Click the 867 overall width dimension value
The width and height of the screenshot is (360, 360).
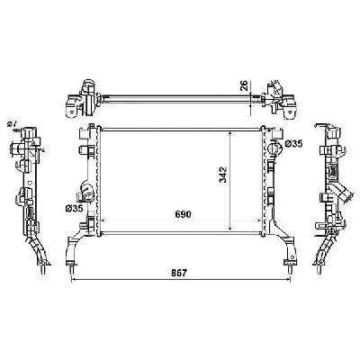tap(180, 273)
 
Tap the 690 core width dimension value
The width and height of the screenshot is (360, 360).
tap(184, 214)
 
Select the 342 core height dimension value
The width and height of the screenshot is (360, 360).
tap(223, 175)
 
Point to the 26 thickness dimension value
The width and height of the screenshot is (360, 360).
tap(244, 85)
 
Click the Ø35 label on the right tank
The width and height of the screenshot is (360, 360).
tap(293, 144)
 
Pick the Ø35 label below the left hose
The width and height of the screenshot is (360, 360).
tap(74, 209)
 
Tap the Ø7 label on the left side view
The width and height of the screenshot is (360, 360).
tap(12, 123)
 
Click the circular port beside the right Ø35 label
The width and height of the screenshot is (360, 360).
tap(274, 148)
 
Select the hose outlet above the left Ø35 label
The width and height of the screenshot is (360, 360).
tap(86, 193)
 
